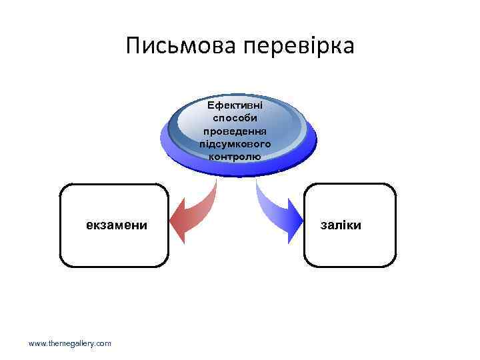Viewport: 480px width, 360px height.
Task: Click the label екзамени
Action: (x=117, y=225)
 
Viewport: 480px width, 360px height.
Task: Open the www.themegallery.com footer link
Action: (x=70, y=343)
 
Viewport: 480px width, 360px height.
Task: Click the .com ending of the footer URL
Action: (x=103, y=343)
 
